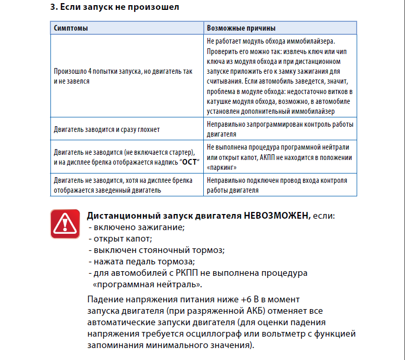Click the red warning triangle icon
[65, 224]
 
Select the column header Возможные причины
[241, 28]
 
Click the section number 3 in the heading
[53, 8]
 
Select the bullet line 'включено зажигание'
[137, 228]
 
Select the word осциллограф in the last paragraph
[229, 335]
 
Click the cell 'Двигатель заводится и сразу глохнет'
[107, 129]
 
